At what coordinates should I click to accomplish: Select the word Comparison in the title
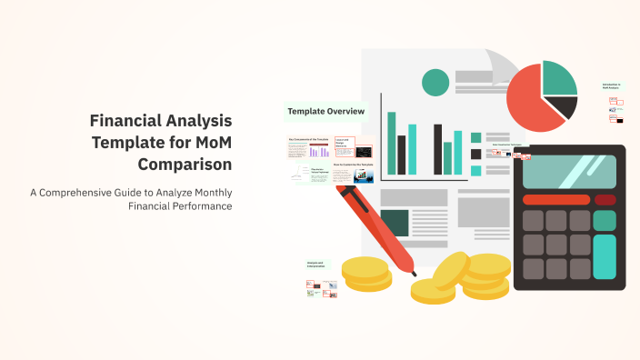(x=185, y=164)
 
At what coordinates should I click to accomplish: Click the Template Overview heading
(x=325, y=112)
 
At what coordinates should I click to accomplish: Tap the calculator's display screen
(x=569, y=171)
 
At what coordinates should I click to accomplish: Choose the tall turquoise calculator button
(x=605, y=256)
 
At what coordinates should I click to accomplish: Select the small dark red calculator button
(x=604, y=199)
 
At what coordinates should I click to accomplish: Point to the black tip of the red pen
(x=413, y=272)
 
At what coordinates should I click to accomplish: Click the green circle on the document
(x=435, y=82)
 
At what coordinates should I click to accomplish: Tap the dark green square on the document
(x=395, y=222)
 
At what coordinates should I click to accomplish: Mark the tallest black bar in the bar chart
(x=437, y=148)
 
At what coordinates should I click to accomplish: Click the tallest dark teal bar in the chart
(x=392, y=142)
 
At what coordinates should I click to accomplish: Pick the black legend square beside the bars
(x=475, y=153)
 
